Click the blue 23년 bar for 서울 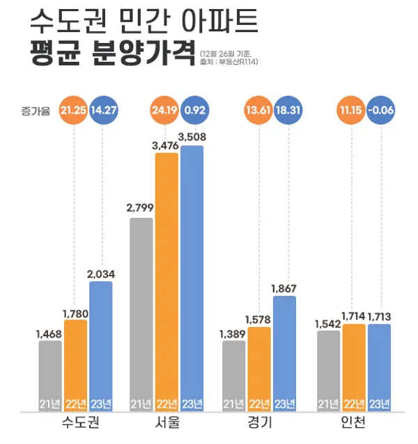click(192, 278)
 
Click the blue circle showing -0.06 click(379, 111)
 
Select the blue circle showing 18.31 click(286, 111)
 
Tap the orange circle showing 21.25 click(75, 111)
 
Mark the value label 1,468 click(50, 333)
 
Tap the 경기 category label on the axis click(261, 424)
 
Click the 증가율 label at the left click(36, 111)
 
